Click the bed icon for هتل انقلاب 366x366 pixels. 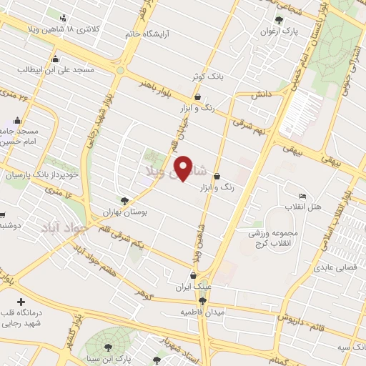[303, 196]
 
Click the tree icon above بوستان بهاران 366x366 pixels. [125, 201]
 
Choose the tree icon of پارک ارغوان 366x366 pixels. [279, 20]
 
